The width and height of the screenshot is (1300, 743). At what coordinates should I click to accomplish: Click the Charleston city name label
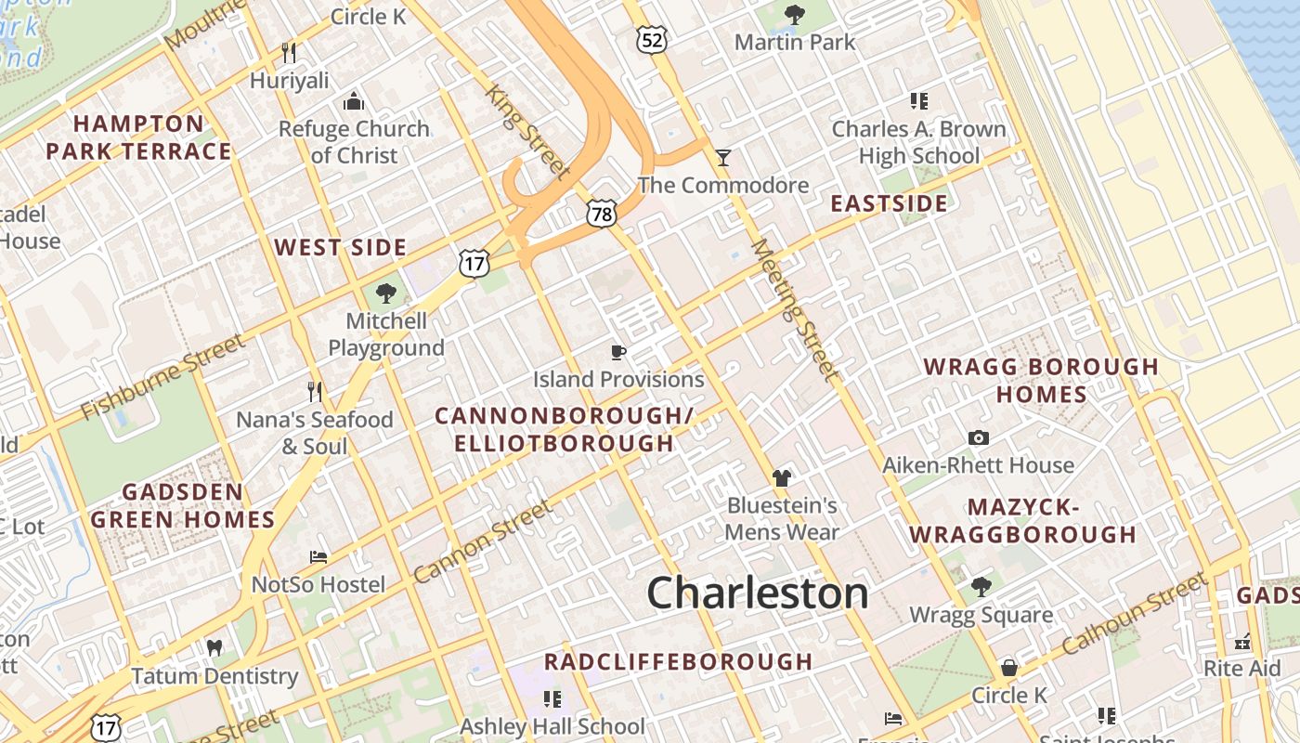coord(757,593)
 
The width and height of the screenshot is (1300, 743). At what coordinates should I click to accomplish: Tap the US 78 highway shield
coord(601,214)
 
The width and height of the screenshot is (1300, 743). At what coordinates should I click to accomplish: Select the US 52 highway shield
coord(652,39)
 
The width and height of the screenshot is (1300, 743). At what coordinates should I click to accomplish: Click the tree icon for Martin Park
coord(794,14)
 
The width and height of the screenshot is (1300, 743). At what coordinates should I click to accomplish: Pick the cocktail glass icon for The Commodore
coord(723,157)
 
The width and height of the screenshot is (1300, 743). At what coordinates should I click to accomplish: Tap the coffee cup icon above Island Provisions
coord(618,351)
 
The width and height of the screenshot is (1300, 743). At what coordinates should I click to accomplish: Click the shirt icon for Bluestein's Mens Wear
coord(782,477)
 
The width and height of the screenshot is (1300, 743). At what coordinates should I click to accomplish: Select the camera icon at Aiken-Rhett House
coord(978,437)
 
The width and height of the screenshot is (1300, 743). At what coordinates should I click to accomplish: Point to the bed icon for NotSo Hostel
coord(318,557)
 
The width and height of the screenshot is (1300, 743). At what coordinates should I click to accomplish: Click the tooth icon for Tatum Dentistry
coord(214,647)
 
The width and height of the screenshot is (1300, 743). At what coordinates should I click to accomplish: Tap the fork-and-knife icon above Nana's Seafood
coord(315,392)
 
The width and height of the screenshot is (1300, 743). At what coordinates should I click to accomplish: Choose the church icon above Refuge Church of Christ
coord(354,100)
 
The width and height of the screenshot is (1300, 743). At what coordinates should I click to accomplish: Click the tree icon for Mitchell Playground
coord(385,293)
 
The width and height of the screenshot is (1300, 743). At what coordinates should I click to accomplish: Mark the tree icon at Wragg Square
coord(981,586)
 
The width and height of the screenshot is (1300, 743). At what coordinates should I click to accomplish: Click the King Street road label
coord(527,130)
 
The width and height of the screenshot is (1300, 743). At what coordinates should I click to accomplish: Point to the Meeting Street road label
coord(794,309)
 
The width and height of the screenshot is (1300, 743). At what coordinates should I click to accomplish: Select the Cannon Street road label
coord(482,542)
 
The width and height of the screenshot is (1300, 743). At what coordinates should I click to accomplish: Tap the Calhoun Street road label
coord(1135,613)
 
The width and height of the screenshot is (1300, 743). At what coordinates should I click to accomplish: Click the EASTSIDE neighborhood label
coord(889,203)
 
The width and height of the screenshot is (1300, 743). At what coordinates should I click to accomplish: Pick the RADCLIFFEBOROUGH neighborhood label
coord(678,661)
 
